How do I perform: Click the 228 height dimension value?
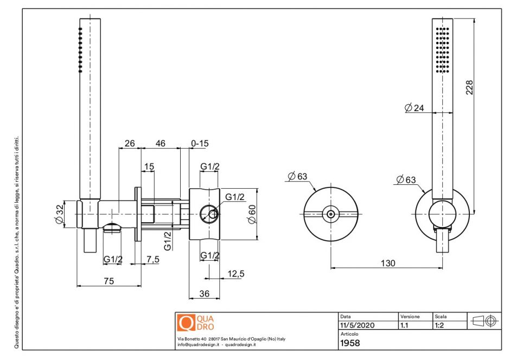tap(470, 88)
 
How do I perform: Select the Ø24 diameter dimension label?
tap(414, 108)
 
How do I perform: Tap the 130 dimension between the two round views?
tap(387, 263)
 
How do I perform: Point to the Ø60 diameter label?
tap(251, 214)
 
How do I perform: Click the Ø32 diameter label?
tap(59, 214)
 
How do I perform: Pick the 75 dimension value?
tap(109, 281)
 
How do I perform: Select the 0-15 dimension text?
tap(200, 143)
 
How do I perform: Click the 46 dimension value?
tap(160, 143)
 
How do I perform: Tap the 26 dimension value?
tap(130, 143)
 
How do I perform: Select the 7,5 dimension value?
tap(153, 260)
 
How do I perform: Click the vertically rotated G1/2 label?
tap(168, 240)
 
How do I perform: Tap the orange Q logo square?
tap(186, 323)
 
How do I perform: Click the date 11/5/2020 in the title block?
tap(356, 326)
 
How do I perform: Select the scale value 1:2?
tap(440, 326)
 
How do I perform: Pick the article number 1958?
tap(350, 343)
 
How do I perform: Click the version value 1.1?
tap(404, 326)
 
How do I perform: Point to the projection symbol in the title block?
tap(483, 320)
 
